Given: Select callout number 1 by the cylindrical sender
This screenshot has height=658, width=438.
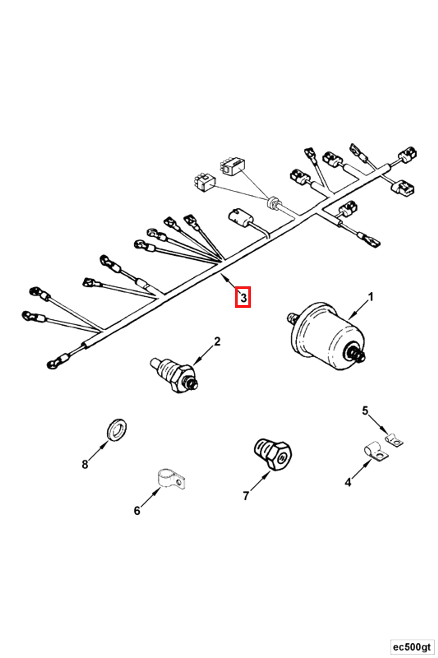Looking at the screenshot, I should coord(370,297).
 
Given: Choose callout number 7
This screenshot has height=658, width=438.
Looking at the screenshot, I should coord(246,496).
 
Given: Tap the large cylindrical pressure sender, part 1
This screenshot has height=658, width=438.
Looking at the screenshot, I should coord(328,338).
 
